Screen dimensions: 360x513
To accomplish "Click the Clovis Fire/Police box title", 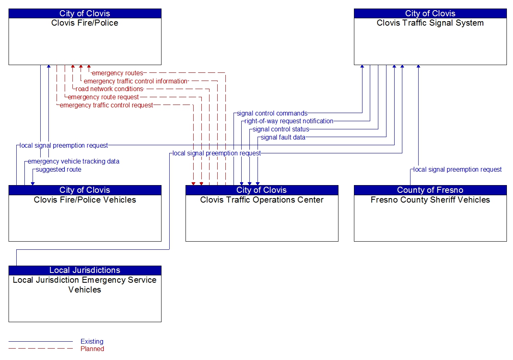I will pyautogui.click(x=85, y=23).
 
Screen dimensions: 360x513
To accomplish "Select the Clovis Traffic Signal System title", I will pyautogui.click(x=430, y=23).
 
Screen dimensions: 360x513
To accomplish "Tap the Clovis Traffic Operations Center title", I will pyautogui.click(x=262, y=200).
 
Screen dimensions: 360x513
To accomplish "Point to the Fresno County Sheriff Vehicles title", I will pyautogui.click(x=430, y=200).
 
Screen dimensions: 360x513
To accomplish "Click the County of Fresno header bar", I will pyautogui.click(x=430, y=190).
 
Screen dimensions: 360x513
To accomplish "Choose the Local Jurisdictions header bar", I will pyautogui.click(x=85, y=270).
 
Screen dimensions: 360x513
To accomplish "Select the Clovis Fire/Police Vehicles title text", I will pyautogui.click(x=85, y=200).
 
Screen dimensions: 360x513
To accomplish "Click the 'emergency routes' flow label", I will pyautogui.click(x=118, y=73).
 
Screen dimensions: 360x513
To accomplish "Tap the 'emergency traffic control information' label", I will pyautogui.click(x=135, y=81).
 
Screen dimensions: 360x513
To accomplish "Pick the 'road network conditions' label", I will pyautogui.click(x=109, y=89).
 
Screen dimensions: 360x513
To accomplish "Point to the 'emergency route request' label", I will pyautogui.click(x=103, y=97).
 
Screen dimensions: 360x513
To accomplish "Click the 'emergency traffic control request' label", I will pyautogui.click(x=107, y=105).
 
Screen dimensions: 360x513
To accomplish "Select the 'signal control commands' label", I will pyautogui.click(x=272, y=113).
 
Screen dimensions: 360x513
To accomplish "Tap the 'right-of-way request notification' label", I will pyautogui.click(x=289, y=121).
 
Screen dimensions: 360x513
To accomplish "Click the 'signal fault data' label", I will pyautogui.click(x=283, y=137).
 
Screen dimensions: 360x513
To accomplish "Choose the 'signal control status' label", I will pyautogui.click(x=281, y=129).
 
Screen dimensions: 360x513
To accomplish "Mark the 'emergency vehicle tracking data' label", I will pyautogui.click(x=74, y=161).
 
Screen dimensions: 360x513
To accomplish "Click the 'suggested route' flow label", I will pyautogui.click(x=59, y=170).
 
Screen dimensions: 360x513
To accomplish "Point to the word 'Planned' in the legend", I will pyautogui.click(x=92, y=349).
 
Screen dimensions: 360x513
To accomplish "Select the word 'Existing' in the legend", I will pyautogui.click(x=92, y=342).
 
